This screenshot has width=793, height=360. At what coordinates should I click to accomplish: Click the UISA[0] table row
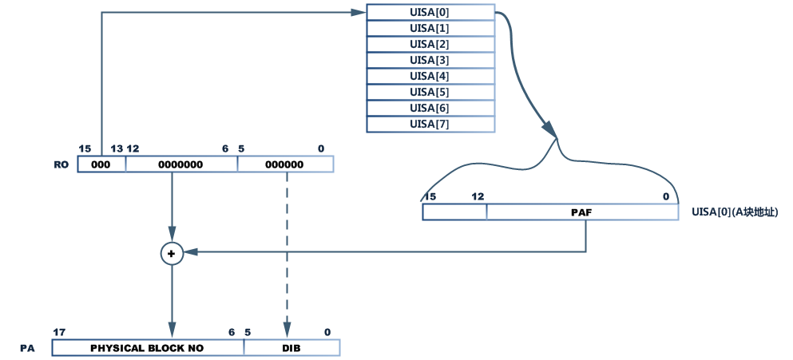[430, 12]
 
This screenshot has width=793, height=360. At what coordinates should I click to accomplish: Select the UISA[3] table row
[430, 60]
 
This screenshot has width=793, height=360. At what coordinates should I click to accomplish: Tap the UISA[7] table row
[430, 124]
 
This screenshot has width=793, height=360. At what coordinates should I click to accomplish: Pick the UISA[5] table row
[430, 92]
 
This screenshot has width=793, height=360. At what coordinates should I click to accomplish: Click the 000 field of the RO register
[101, 164]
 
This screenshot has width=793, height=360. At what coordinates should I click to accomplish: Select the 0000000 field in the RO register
[181, 164]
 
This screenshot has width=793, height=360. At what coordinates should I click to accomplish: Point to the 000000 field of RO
[285, 164]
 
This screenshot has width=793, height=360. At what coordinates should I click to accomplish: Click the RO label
[61, 164]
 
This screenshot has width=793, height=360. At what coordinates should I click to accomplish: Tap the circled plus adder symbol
[172, 252]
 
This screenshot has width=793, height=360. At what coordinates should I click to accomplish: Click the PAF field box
[581, 212]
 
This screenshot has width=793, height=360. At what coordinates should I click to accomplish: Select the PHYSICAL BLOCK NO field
[148, 348]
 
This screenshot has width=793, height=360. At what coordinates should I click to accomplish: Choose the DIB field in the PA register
[291, 348]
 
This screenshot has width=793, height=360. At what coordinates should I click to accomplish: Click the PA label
[28, 349]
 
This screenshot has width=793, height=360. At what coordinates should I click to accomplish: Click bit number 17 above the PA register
[58, 332]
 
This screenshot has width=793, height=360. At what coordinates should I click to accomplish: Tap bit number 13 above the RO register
[117, 148]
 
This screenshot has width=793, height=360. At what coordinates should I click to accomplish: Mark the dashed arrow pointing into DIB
[286, 255]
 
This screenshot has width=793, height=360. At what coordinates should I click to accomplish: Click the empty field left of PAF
[454, 212]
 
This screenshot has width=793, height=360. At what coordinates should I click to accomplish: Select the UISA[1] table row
[430, 28]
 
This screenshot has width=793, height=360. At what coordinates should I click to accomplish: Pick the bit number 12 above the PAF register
[478, 196]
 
